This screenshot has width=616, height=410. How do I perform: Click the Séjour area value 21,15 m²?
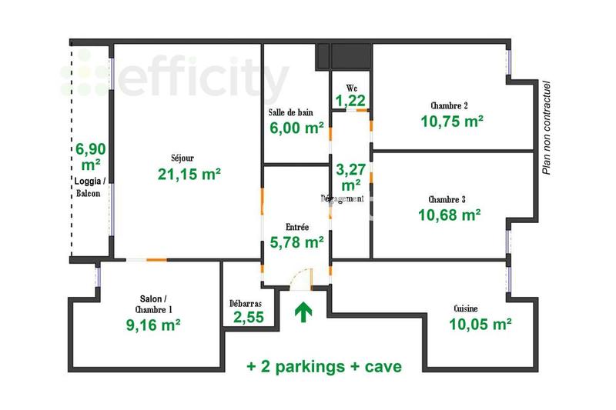(x=189, y=174)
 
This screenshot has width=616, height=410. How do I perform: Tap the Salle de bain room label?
(x=290, y=112)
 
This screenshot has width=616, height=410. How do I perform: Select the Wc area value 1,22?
(x=350, y=100)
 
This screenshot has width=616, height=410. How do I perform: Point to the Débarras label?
(x=249, y=302)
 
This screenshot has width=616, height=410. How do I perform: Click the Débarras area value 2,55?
(x=249, y=318)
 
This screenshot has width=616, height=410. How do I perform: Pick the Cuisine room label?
(x=469, y=308)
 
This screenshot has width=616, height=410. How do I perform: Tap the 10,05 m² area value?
(x=480, y=324)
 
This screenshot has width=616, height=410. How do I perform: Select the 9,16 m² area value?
(x=153, y=325)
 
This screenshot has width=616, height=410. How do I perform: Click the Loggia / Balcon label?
(x=89, y=188)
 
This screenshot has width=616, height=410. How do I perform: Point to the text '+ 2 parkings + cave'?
(x=324, y=366)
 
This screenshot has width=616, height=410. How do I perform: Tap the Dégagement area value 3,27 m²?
(x=350, y=177)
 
